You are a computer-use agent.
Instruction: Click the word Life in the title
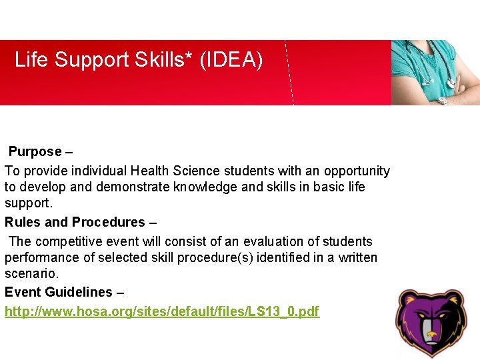[31, 60]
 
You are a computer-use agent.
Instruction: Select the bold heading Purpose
[35, 152]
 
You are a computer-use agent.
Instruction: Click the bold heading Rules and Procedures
[75, 222]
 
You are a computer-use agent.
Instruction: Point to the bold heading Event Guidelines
[59, 292]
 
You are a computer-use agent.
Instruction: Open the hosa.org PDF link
[162, 311]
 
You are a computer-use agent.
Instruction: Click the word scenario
[30, 273]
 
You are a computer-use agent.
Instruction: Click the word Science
[195, 171]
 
